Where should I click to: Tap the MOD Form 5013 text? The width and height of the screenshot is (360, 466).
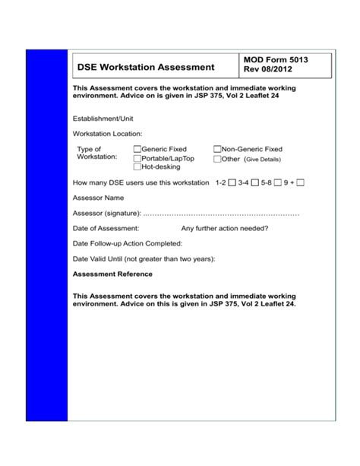275,60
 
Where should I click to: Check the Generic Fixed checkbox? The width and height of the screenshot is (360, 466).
137,150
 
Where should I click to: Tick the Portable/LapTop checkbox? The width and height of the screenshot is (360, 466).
137,158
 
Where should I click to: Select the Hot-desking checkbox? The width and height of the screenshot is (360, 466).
137,166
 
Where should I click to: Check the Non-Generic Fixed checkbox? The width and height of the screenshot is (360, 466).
217,150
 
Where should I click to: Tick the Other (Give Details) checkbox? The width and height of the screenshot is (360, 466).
217,159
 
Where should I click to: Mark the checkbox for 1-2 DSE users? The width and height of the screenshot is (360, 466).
232,183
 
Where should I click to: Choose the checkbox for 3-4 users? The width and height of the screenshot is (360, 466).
256,183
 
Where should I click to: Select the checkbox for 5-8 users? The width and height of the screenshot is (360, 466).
279,183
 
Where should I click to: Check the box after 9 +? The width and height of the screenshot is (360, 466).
301,183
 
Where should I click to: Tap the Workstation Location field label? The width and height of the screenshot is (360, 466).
107,133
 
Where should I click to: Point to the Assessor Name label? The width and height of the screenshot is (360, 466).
98,198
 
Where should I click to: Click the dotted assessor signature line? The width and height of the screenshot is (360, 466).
220,214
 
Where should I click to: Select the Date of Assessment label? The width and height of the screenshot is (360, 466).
106,228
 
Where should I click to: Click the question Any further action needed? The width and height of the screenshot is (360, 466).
224,228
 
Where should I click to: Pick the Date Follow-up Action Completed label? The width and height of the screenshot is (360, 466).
127,243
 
